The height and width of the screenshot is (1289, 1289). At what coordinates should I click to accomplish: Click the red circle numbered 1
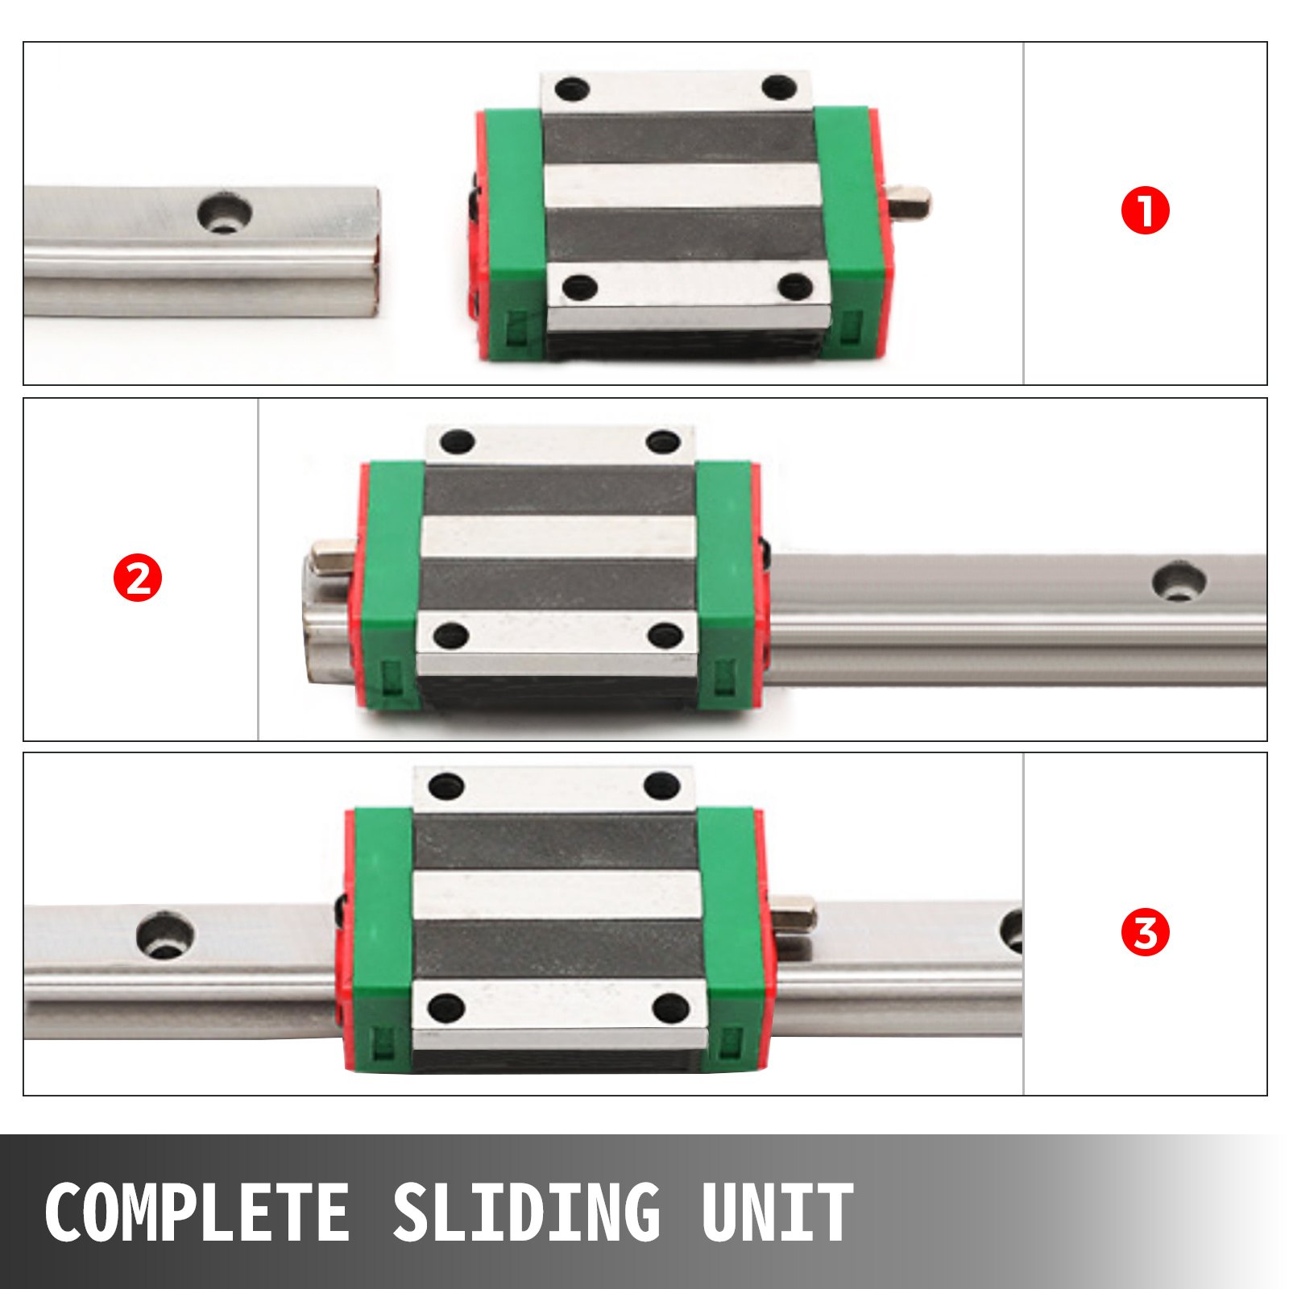pos(1145,211)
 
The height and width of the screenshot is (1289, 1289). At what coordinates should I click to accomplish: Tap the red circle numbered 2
pos(138,578)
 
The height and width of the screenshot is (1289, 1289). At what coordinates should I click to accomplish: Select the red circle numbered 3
pos(1145,933)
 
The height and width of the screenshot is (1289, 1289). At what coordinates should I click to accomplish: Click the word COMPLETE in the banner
pos(197,1212)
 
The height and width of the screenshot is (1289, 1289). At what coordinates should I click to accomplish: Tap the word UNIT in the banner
pos(777,1212)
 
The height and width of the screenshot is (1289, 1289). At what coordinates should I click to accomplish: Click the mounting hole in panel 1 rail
pos(225,213)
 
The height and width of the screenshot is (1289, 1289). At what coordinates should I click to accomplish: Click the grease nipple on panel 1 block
pos(910,201)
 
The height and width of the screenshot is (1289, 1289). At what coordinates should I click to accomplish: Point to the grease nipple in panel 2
pos(331,557)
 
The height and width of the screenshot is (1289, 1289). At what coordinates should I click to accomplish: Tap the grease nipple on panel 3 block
pos(795,914)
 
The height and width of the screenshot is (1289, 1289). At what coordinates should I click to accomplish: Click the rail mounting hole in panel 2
pos(1179,582)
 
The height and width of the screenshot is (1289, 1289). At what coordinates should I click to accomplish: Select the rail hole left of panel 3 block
pos(166,935)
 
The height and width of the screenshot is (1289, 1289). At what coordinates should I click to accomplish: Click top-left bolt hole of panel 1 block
pos(573,87)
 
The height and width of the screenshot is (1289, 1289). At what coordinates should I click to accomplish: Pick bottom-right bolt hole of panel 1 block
pos(797,285)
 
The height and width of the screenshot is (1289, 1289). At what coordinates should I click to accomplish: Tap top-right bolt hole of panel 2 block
pos(663,441)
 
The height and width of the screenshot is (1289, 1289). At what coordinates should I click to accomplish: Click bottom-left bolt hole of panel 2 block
pos(450,636)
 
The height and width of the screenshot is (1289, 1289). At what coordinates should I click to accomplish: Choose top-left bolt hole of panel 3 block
pos(446,785)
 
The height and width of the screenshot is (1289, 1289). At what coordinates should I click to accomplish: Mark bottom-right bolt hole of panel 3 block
pos(670,1007)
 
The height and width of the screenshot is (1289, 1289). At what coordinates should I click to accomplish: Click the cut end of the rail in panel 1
pos(374,251)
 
